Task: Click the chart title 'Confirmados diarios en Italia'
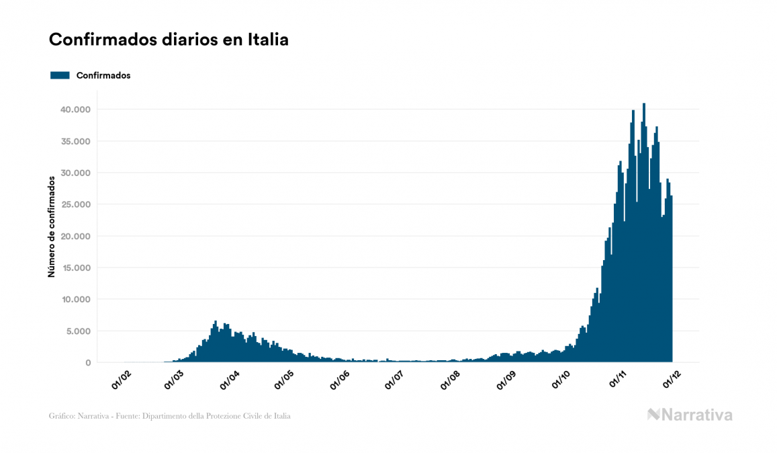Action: [169, 40]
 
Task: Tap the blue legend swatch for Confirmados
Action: [60, 75]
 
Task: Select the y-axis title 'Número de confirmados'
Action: [51, 227]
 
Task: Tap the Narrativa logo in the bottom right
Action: [690, 415]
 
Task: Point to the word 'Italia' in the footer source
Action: [281, 416]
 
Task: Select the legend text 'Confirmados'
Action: [103, 75]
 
